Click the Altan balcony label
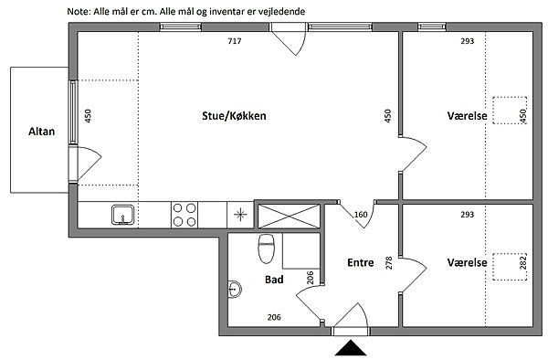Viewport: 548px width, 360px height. click(x=42, y=132)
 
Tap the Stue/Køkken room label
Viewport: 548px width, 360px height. click(x=234, y=116)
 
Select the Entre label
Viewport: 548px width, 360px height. click(x=361, y=262)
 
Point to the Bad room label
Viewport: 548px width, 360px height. click(x=274, y=280)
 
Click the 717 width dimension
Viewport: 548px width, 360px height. click(x=235, y=41)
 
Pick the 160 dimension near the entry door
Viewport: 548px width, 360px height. click(x=361, y=214)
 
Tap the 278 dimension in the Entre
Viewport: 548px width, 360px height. click(x=389, y=263)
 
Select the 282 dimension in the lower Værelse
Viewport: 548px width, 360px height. click(x=522, y=262)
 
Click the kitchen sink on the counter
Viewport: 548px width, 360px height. click(x=122, y=215)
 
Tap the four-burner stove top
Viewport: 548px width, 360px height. click(x=184, y=215)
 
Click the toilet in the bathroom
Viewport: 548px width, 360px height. click(x=266, y=249)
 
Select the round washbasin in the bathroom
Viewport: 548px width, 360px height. click(x=235, y=289)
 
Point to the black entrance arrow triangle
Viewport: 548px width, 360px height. click(x=351, y=348)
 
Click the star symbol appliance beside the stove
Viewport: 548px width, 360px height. click(x=240, y=215)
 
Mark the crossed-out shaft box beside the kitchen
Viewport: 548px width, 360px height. click(x=289, y=217)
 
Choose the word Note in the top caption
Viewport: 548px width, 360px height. click(x=79, y=12)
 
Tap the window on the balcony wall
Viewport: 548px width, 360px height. click(x=73, y=112)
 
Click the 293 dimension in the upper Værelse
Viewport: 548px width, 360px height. click(x=468, y=41)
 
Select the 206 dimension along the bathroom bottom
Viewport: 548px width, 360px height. click(x=274, y=317)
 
